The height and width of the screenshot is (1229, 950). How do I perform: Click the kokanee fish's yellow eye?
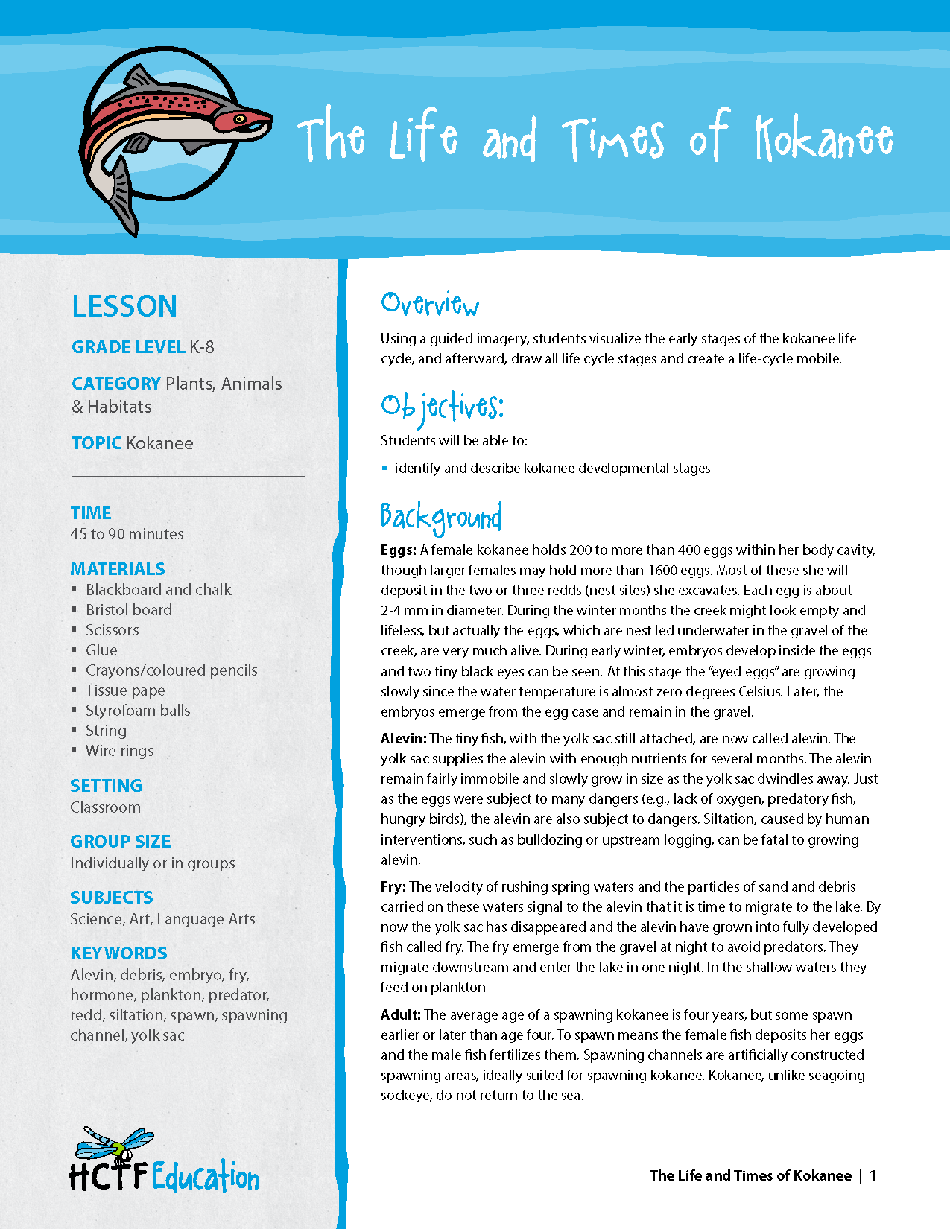coord(240,119)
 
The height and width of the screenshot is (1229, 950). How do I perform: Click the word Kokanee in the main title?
coord(824,139)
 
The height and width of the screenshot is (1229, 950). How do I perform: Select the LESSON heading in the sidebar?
coord(124,307)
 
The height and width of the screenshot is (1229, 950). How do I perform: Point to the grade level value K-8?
coord(202,347)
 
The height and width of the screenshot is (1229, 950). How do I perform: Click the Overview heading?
coord(430,304)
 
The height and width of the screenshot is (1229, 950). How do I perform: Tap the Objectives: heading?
coord(442,407)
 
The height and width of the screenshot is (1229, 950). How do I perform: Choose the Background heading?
coord(441,517)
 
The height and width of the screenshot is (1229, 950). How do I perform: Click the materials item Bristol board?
coord(129,610)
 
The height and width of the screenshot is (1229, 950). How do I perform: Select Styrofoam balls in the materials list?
coord(138,711)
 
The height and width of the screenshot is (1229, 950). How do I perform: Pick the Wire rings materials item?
coord(120,751)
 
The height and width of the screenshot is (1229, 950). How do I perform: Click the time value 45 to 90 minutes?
coord(127,534)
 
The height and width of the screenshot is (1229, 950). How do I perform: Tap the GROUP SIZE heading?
coord(121,842)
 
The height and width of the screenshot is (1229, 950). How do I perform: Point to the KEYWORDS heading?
coord(118,953)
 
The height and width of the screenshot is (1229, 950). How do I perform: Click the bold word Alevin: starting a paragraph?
coord(404,739)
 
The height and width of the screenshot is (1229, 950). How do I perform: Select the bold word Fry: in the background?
coord(393,887)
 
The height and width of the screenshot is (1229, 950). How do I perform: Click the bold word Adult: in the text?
coord(401,1015)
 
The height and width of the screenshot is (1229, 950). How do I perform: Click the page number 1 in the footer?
coord(873,1176)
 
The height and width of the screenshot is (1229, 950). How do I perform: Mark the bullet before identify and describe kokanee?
coord(384,469)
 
